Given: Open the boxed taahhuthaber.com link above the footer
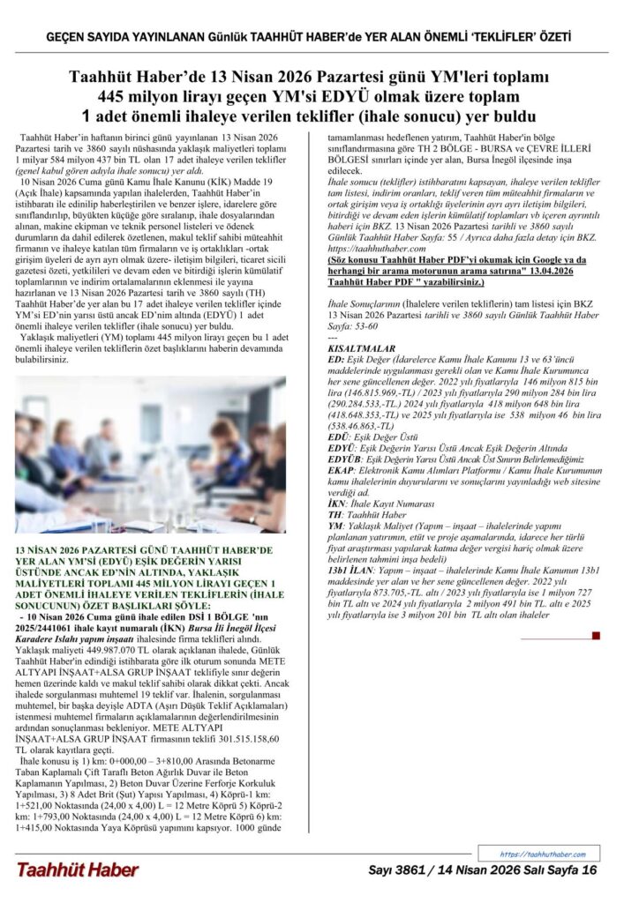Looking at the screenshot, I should pos(542,854).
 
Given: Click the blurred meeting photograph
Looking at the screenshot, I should pos(150,455).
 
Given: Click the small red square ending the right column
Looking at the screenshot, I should pos(598,635).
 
